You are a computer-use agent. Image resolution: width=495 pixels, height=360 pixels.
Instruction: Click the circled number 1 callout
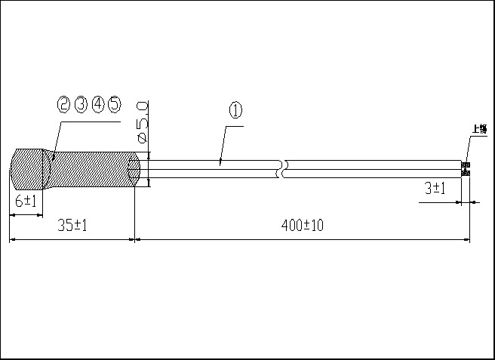(x=235, y=110)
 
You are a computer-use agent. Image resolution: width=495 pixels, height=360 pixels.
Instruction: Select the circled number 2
(x=64, y=104)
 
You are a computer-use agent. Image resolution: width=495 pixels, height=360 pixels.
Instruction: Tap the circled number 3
(x=81, y=104)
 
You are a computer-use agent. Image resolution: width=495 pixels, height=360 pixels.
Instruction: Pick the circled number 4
(x=97, y=104)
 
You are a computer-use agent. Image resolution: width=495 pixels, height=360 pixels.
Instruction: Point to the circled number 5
(x=114, y=104)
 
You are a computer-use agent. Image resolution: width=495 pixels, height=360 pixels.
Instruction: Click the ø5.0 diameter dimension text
(x=141, y=121)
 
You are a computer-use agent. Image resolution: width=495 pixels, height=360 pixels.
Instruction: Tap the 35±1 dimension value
(x=72, y=225)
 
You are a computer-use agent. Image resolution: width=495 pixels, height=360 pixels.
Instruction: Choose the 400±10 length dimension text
(x=302, y=225)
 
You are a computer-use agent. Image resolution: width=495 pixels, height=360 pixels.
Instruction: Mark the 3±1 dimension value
(x=435, y=189)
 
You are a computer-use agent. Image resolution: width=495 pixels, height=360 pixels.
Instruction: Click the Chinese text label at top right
(x=479, y=129)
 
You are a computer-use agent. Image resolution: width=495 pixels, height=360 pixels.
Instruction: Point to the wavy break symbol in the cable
(x=282, y=168)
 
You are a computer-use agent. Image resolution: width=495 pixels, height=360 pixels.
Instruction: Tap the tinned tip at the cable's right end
(x=466, y=169)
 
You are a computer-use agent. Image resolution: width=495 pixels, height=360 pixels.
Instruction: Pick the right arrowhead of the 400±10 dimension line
(x=468, y=240)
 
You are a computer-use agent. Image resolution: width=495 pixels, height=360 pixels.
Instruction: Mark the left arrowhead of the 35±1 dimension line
(x=11, y=240)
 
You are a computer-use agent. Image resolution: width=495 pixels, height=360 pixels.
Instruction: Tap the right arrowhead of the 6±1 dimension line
(x=41, y=215)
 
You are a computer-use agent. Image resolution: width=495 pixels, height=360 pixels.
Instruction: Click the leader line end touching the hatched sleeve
(x=51, y=156)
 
